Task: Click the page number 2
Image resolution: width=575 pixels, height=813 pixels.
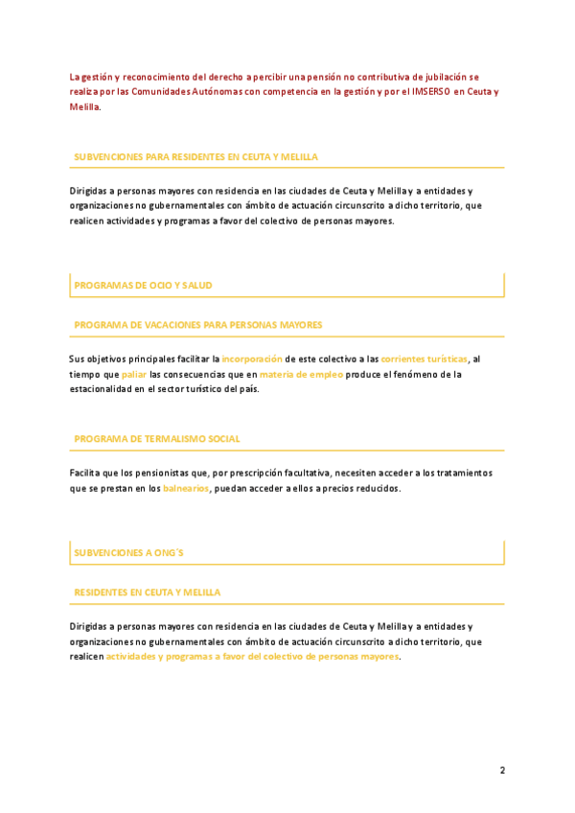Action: pyautogui.click(x=501, y=770)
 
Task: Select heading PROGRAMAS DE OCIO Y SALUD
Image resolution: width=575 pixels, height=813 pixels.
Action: pyautogui.click(x=143, y=285)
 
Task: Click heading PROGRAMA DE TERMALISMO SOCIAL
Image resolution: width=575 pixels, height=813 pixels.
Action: pyautogui.click(x=157, y=438)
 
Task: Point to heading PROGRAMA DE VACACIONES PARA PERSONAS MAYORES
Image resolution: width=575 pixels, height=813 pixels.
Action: pyautogui.click(x=197, y=324)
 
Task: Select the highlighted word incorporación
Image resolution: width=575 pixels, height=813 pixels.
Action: pyautogui.click(x=252, y=359)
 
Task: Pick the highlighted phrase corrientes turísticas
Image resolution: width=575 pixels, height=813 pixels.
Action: pyautogui.click(x=424, y=359)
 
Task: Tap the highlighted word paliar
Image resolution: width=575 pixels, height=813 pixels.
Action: pyautogui.click(x=134, y=374)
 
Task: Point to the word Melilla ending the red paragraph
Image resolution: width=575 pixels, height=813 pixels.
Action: pyautogui.click(x=84, y=107)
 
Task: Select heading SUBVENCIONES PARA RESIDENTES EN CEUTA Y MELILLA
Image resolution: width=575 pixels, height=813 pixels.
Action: pyautogui.click(x=195, y=155)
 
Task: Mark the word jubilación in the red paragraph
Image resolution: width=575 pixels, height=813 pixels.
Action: pyautogui.click(x=445, y=77)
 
